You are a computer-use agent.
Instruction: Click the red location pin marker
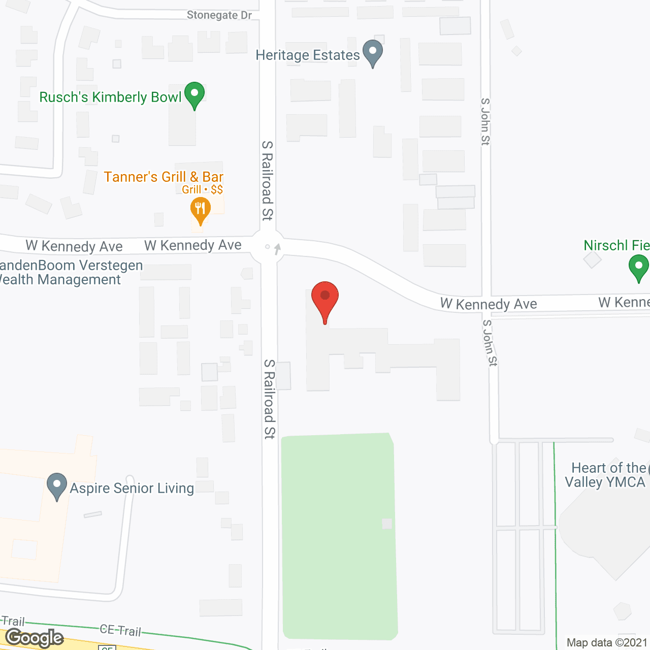325,299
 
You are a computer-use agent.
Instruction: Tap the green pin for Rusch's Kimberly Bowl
194,94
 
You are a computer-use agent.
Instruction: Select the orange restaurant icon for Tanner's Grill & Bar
201,209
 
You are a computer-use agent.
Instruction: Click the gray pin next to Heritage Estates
373,52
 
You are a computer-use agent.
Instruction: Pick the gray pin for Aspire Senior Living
57,485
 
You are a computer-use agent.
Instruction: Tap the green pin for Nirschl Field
638,267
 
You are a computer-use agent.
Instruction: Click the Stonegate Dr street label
219,15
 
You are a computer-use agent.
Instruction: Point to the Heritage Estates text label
308,55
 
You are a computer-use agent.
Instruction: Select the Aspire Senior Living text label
132,488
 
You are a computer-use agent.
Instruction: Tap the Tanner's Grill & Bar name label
164,177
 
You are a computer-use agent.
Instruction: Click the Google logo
35,638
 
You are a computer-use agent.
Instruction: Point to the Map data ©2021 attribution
607,642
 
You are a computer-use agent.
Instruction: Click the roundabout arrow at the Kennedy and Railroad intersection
277,249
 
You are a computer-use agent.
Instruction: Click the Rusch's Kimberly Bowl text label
110,97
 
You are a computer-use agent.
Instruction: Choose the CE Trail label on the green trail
120,630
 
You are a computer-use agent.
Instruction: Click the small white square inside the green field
387,523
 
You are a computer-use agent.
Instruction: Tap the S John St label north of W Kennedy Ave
485,122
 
